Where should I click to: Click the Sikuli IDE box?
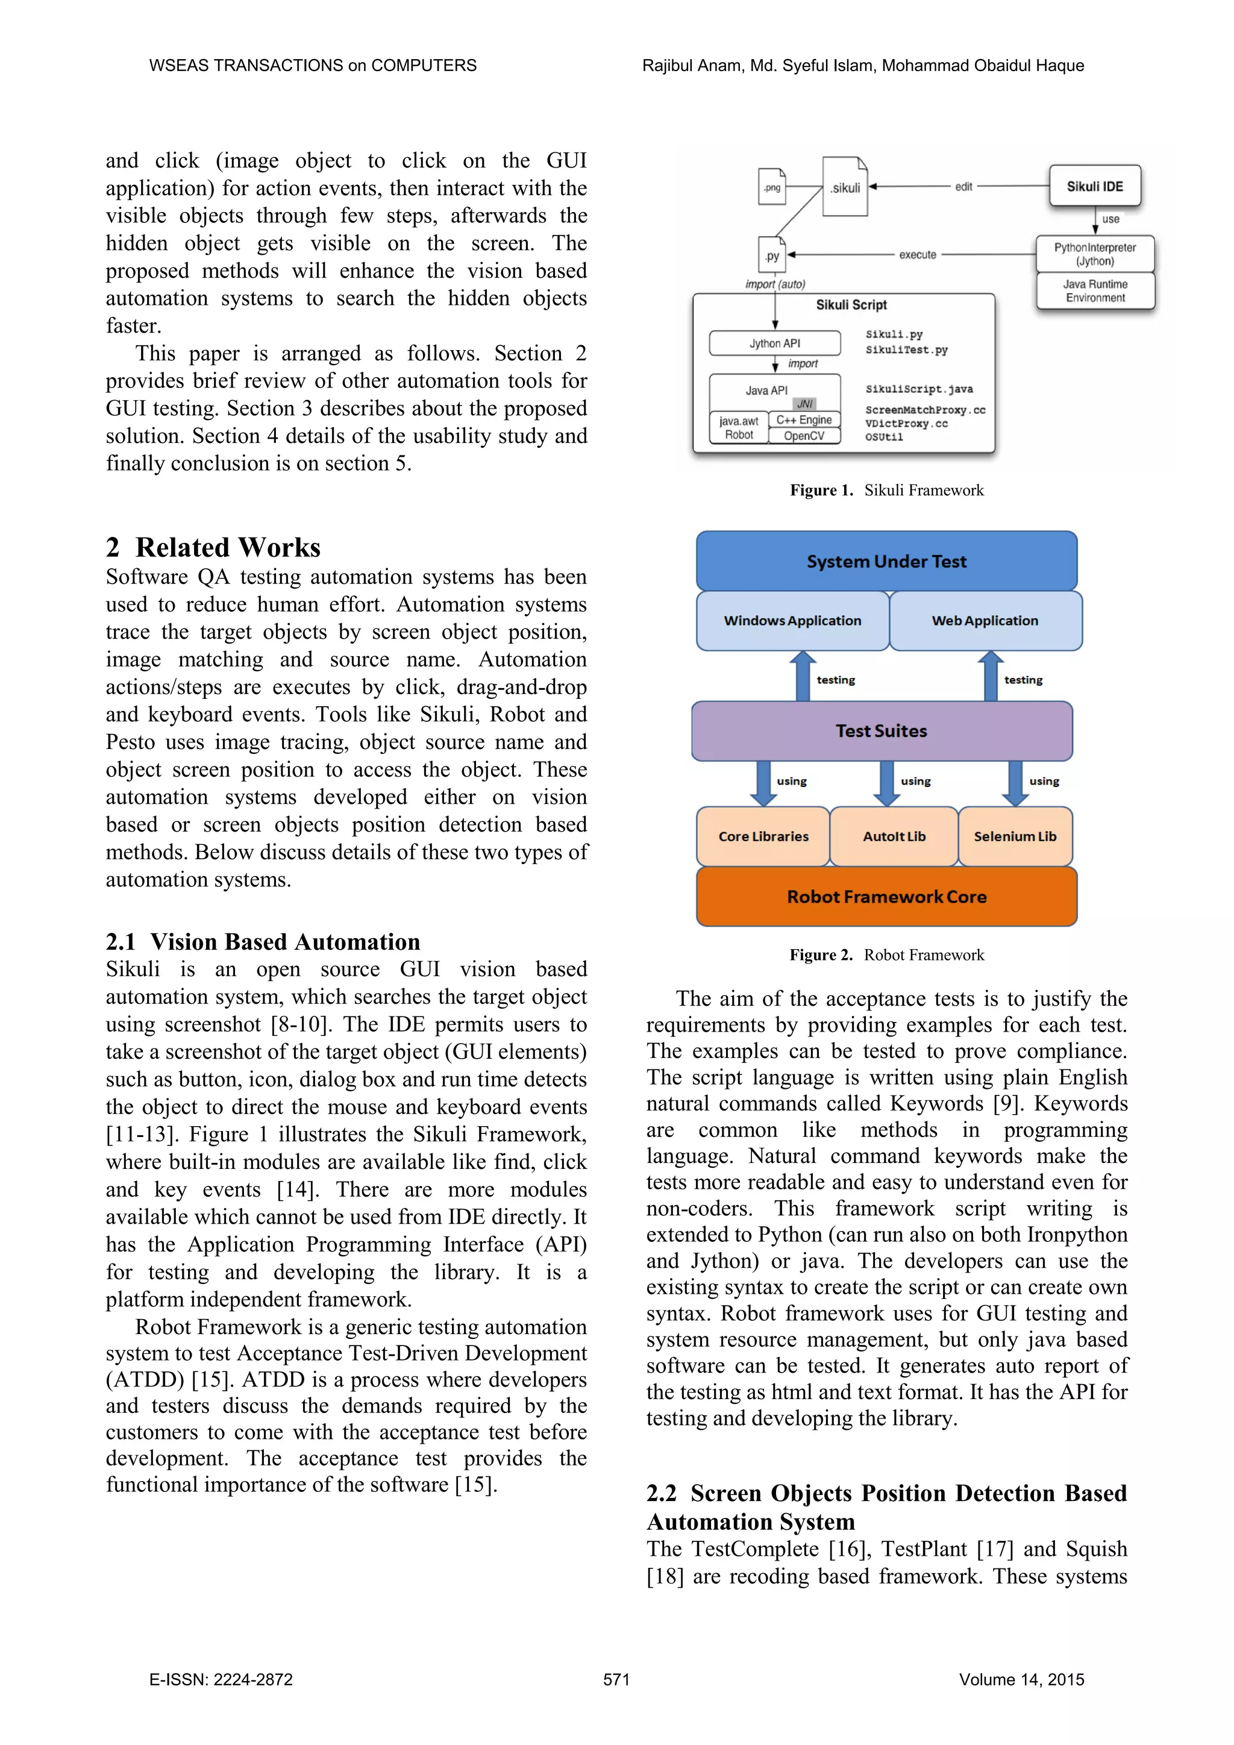coord(1094,186)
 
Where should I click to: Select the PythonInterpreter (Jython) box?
coord(1094,254)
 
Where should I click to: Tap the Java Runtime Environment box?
coord(1094,290)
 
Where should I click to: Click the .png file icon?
coord(772,187)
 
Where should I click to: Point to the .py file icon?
coord(772,255)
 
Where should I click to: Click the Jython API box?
coord(774,343)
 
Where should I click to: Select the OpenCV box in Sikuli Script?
coord(803,436)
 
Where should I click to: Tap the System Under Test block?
coord(886,561)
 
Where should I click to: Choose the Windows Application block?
coord(792,620)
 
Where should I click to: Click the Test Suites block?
coord(882,730)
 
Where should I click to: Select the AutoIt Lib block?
coord(894,836)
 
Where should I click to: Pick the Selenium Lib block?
coord(1015,836)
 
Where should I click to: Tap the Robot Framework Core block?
coord(886,896)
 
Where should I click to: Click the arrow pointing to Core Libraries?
coord(763,783)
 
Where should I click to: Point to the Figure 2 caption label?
coord(821,954)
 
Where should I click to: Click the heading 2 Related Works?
coord(213,547)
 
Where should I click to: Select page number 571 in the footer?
coord(616,1680)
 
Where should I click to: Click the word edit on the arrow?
coord(963,187)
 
